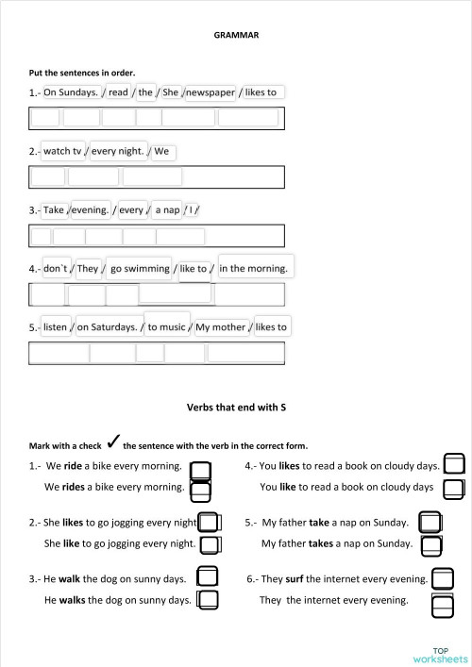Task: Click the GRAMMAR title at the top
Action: click(x=237, y=34)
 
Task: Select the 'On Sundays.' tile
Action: click(x=71, y=92)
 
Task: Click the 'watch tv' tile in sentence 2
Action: click(x=63, y=151)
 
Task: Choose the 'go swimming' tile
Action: click(x=139, y=269)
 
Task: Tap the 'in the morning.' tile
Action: click(x=253, y=269)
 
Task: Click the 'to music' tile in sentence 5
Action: click(x=166, y=327)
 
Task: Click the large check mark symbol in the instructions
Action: click(x=112, y=442)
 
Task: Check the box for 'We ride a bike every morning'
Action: click(x=200, y=469)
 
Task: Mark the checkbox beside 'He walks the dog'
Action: click(x=208, y=599)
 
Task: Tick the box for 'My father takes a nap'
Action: click(x=431, y=545)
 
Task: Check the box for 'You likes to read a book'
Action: click(x=454, y=464)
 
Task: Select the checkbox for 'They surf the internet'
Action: click(x=441, y=577)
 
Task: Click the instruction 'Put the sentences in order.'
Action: click(x=82, y=73)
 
